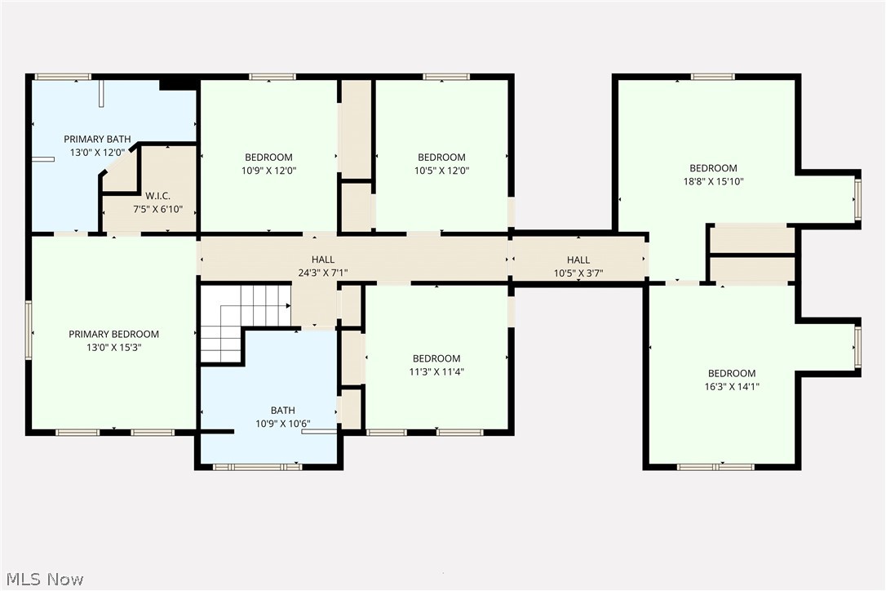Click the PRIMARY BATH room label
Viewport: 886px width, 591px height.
tap(97, 140)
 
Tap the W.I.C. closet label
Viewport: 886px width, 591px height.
tap(158, 196)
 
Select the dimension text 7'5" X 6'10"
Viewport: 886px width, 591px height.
tap(158, 209)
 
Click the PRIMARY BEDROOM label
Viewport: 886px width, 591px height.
tap(113, 334)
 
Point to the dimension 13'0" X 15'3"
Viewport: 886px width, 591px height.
tap(113, 347)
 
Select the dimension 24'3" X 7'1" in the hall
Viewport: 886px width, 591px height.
tap(323, 273)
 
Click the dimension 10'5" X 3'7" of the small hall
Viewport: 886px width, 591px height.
tap(578, 273)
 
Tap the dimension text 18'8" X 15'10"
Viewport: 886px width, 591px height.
tap(713, 181)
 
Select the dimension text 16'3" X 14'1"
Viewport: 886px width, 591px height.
tap(731, 386)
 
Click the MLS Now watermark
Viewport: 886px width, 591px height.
tap(42, 580)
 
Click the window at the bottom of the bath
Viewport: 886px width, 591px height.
tap(257, 467)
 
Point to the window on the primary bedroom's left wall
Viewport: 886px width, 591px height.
tap(29, 330)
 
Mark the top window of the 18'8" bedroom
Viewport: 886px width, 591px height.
tap(712, 77)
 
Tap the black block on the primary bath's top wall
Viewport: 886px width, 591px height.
tap(176, 83)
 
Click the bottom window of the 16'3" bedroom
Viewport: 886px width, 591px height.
tap(715, 467)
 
